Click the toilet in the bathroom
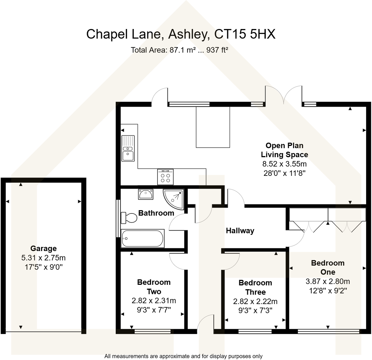tap(129, 218)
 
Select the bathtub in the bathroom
tap(143, 238)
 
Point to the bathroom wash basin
tap(146, 194)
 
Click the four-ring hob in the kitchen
tap(165, 177)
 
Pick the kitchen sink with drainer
tap(128, 148)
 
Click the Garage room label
tap(44, 248)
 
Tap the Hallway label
tap(240, 231)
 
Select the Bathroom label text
tap(156, 213)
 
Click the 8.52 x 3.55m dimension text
tap(284, 164)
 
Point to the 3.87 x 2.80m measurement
tap(328, 281)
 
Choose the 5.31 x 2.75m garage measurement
tap(44, 258)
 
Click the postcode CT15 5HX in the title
tap(245, 34)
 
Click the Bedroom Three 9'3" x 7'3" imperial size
tap(255, 311)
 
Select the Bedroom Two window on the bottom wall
tap(152, 332)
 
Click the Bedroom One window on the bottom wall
tap(328, 332)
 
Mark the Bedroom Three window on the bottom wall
tap(255, 332)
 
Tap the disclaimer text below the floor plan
tap(183, 356)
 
